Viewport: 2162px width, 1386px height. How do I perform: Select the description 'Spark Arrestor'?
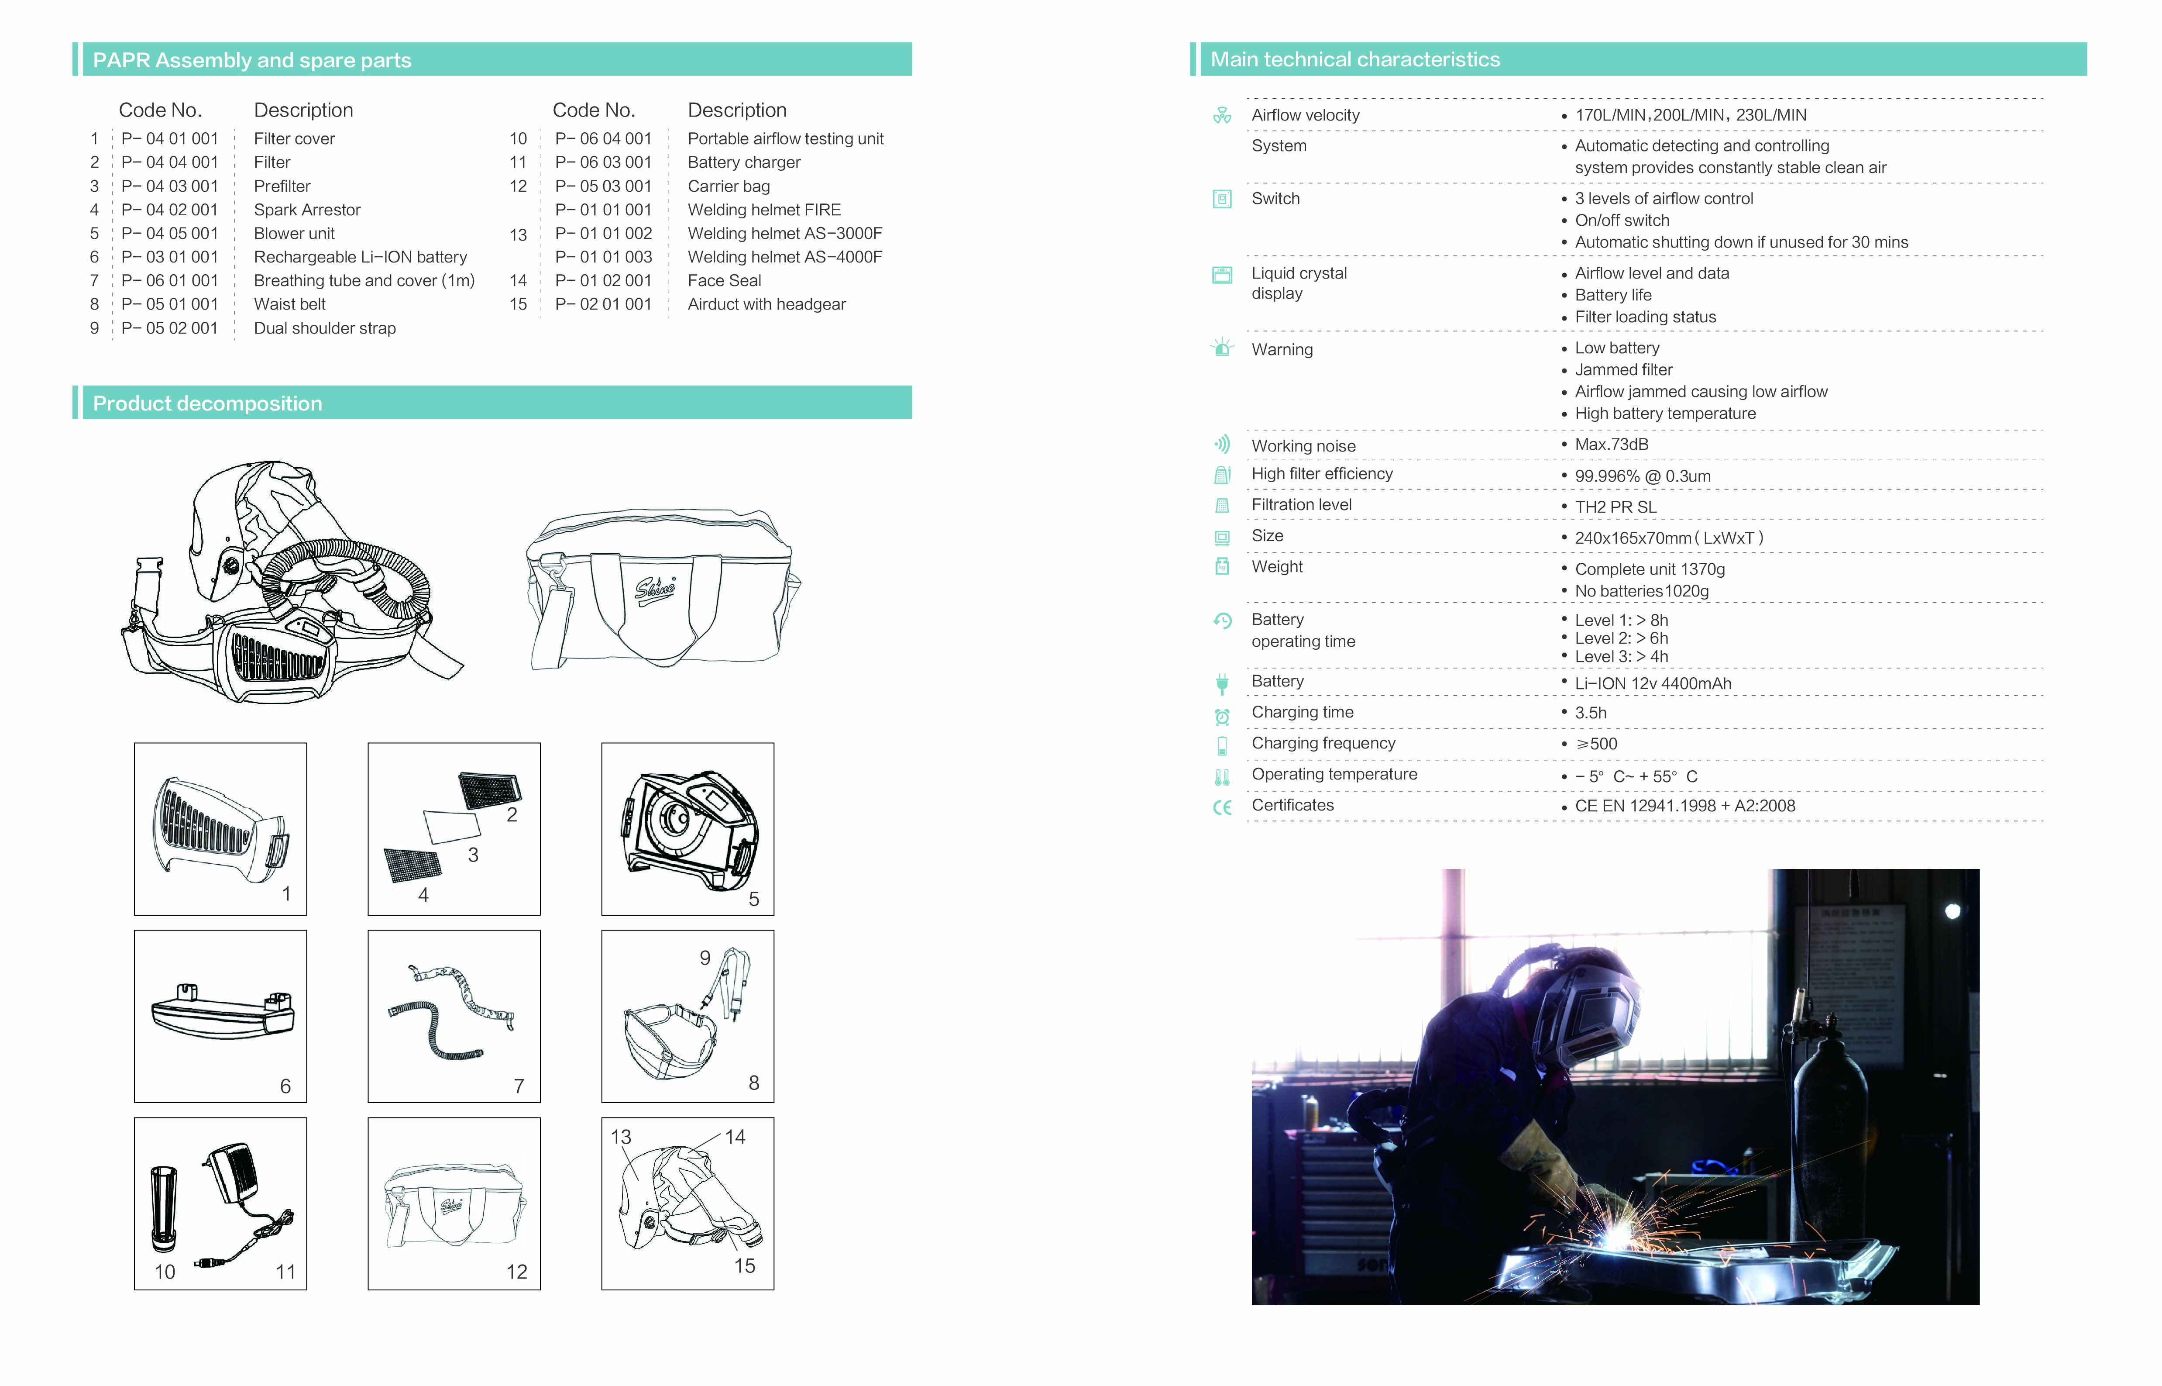307,210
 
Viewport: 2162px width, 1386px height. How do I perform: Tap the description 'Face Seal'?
724,281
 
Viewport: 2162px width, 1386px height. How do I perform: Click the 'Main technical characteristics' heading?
1355,59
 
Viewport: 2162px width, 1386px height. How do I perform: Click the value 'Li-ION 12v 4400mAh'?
1653,683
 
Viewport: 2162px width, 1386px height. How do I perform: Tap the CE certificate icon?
1222,807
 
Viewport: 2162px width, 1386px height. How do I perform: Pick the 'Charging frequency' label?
1323,743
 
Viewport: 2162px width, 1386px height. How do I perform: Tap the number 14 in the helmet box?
735,1137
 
